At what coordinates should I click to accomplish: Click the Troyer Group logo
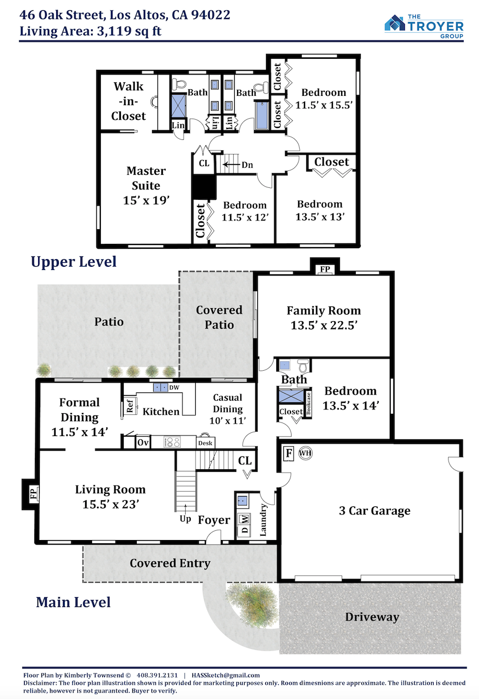pos(424,26)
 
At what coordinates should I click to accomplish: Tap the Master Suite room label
pos(146,185)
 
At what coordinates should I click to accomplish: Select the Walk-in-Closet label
pos(129,101)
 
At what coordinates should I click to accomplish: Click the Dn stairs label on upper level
pos(247,165)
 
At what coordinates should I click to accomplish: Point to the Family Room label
pos(324,318)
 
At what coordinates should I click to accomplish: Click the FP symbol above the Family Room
pos(325,269)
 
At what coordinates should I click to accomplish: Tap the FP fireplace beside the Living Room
pos(34,494)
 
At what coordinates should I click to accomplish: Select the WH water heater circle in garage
pos(305,453)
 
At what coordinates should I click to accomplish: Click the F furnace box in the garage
pos(289,453)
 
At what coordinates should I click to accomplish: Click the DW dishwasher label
pos(174,388)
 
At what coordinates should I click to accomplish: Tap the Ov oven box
pos(143,442)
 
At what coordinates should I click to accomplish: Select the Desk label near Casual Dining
pos(205,443)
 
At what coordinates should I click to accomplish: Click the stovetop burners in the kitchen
pos(172,442)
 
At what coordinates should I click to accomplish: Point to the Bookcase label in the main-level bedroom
pos(308,403)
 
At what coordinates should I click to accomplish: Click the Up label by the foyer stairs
pos(185,519)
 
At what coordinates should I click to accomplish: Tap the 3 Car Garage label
pos(374,511)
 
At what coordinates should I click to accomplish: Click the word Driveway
pos(372,617)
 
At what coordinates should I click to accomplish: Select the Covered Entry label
pos(170,563)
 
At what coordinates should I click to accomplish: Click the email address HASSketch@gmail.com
pos(226,675)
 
